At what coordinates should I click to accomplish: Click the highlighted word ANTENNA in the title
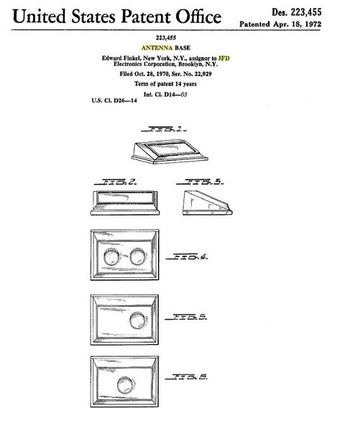coord(157,48)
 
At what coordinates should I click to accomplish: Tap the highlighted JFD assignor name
coord(223,58)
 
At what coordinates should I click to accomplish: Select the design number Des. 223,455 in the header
coord(297,12)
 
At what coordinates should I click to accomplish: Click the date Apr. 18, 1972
coord(297,24)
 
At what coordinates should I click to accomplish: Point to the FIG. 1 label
coord(164,129)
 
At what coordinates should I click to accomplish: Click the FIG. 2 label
coord(116,182)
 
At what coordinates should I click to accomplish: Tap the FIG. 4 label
coord(187,256)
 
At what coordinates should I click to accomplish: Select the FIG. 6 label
coord(186,376)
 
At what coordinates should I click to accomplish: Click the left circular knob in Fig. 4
coord(111,256)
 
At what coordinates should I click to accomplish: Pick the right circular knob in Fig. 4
coord(137,256)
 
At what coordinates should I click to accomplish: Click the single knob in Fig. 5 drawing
coord(137,320)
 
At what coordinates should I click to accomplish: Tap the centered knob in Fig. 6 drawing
coord(126,385)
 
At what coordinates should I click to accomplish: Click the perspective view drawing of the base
coord(170,152)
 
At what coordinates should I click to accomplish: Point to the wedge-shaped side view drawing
coord(208,203)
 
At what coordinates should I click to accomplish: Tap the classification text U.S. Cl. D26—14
coord(114,101)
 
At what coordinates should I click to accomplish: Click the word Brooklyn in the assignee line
coord(190,64)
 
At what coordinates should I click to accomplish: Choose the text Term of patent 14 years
coord(165,84)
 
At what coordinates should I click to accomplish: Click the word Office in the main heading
coord(198,17)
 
